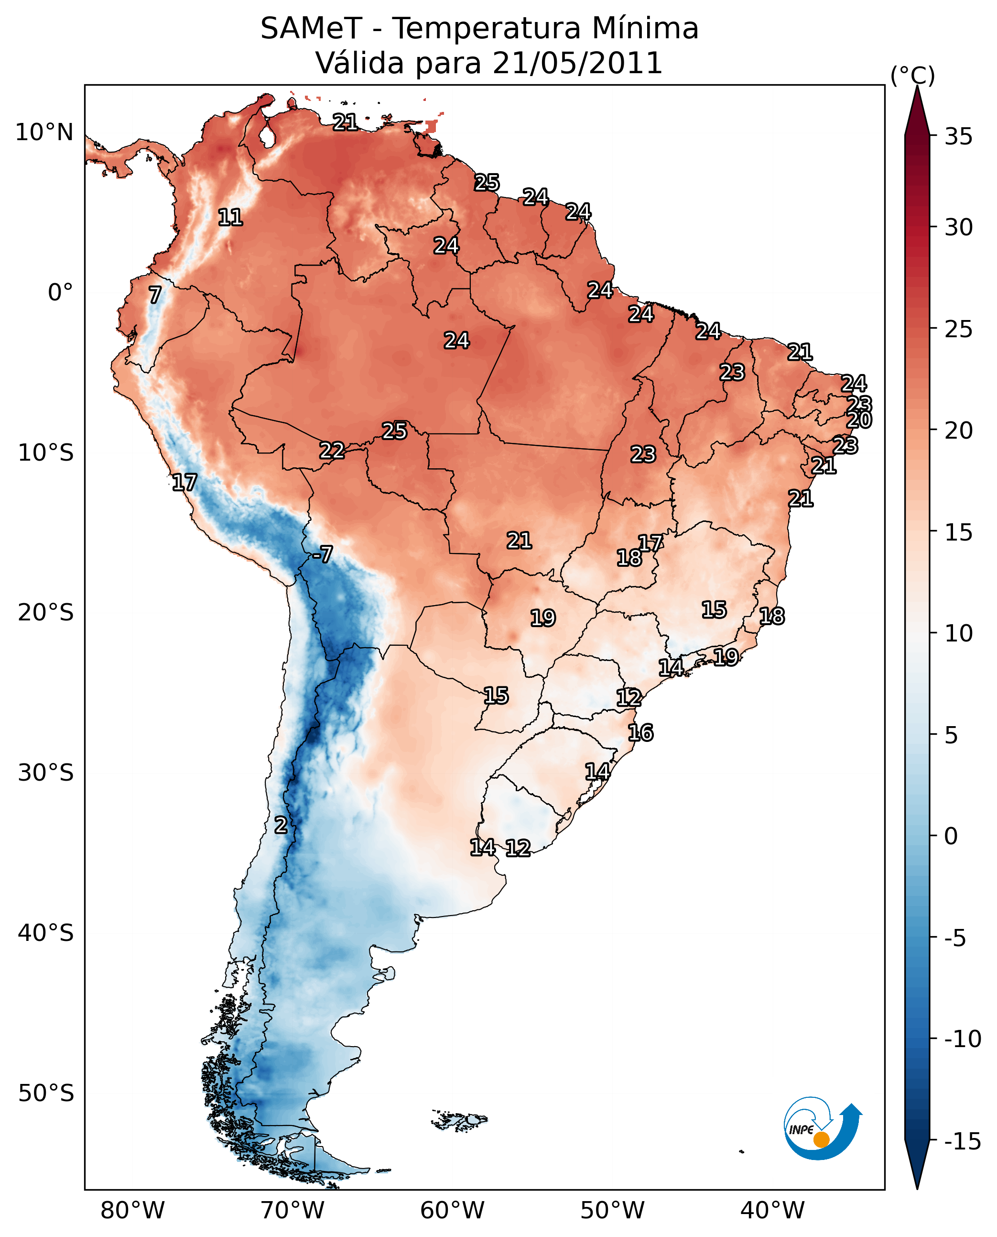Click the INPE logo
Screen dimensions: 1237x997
pos(823,1130)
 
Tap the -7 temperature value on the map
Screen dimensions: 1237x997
pos(322,554)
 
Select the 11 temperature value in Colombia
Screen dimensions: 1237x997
pos(230,217)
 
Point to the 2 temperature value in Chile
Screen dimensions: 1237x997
pos(280,825)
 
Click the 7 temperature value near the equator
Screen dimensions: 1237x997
pos(155,295)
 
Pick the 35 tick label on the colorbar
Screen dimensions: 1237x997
pos(958,137)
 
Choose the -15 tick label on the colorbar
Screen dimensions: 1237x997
pos(962,1141)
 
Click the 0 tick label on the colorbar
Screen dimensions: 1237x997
pos(951,836)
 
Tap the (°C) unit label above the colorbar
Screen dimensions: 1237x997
pos(912,75)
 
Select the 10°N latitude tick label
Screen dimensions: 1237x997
pos(44,133)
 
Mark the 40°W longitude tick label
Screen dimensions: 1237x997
pos(772,1210)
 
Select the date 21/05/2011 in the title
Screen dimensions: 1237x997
pos(577,63)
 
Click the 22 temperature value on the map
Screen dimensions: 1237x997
pos(332,450)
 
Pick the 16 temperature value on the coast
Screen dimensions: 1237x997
pos(640,733)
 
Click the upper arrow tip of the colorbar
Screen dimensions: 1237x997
pos(917,89)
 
